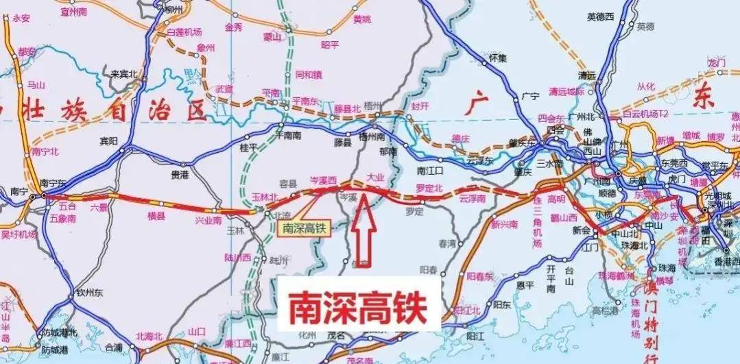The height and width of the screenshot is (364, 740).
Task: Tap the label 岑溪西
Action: point(324,180)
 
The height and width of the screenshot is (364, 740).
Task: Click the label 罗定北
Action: point(431,187)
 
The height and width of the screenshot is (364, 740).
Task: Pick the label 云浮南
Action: point(473,198)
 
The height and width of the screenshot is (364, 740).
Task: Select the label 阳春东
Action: point(480,276)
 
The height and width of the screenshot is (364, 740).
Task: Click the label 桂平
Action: point(248,147)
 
